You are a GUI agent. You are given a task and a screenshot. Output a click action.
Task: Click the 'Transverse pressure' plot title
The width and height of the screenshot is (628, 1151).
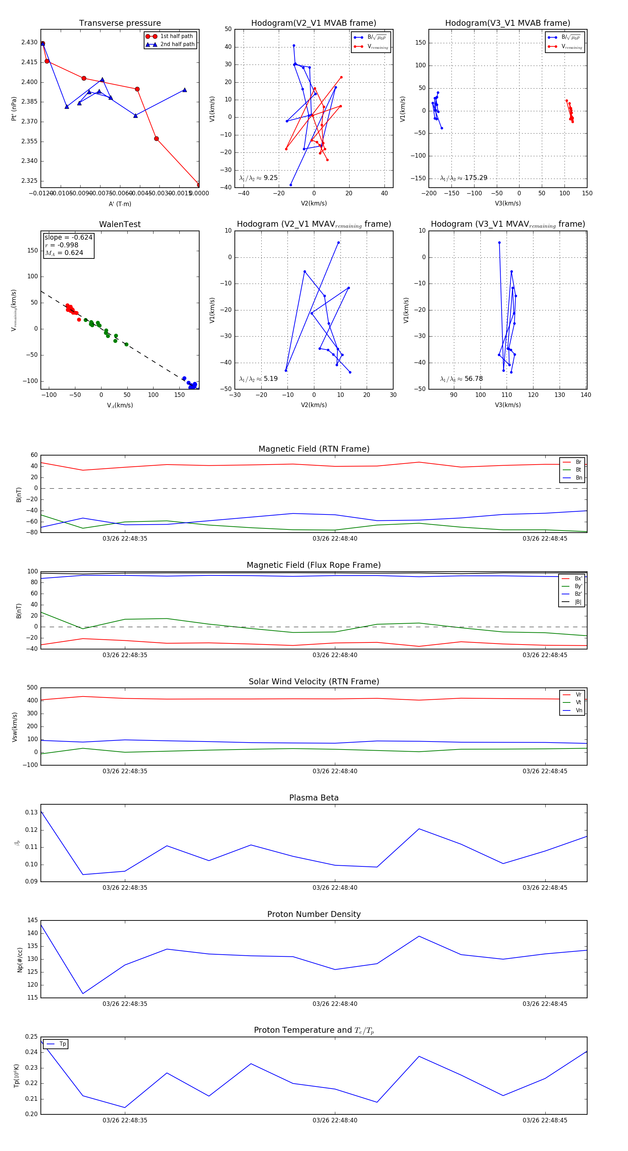(x=120, y=23)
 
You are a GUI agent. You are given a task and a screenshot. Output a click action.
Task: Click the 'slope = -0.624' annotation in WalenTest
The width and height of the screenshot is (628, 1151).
(x=68, y=237)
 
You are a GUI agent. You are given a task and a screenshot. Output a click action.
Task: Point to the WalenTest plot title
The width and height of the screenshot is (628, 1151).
(x=120, y=224)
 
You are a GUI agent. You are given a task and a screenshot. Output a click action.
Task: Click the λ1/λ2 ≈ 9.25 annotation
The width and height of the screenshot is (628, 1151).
(x=258, y=178)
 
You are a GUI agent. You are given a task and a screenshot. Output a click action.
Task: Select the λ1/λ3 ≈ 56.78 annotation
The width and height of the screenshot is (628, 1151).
(x=461, y=379)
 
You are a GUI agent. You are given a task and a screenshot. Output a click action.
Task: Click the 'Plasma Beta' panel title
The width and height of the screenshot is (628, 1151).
(x=314, y=798)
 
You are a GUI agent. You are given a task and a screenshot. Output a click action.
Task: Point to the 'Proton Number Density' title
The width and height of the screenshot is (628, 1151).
(x=314, y=914)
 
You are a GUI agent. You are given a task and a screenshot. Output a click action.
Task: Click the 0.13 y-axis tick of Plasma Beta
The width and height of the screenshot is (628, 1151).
(x=31, y=812)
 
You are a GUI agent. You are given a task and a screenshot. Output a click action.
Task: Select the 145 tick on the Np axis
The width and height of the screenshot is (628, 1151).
(x=33, y=920)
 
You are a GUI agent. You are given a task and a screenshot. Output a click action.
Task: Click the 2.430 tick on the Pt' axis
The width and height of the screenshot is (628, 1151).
(x=30, y=43)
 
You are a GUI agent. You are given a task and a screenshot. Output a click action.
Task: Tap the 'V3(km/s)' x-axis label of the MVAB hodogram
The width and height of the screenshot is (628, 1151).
(x=507, y=203)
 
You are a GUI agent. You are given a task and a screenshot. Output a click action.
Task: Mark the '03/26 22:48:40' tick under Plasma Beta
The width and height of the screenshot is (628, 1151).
(x=335, y=887)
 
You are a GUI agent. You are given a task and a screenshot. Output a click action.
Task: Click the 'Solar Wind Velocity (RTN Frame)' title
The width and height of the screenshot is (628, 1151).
(x=314, y=682)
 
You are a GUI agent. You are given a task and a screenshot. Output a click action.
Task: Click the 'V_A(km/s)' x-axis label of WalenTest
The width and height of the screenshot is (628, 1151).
(x=120, y=405)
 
